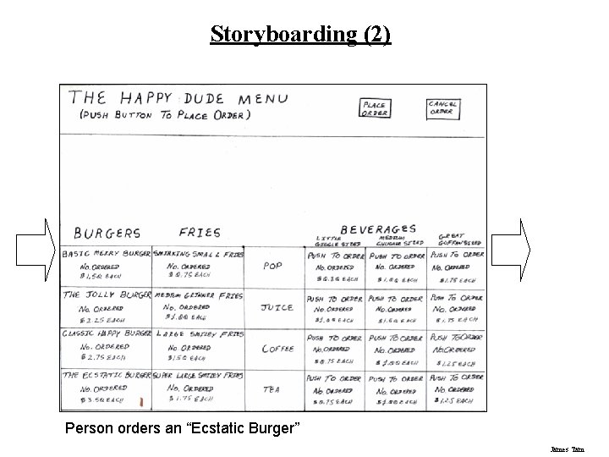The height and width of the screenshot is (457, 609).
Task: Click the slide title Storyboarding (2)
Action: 300,35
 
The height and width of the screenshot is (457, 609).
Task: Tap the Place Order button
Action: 374,109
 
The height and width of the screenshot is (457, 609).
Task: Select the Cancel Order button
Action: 442,107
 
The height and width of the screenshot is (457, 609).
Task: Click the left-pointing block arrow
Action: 35,249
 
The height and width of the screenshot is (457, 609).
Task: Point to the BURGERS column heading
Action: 107,233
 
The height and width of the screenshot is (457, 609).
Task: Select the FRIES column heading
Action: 200,233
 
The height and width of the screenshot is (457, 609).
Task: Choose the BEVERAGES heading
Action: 377,228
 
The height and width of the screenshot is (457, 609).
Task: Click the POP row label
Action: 272,266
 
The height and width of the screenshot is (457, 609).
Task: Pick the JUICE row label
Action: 277,308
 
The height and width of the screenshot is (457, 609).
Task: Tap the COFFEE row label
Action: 277,349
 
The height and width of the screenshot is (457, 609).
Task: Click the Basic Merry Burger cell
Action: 107,266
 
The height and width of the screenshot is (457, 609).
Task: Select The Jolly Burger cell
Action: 107,307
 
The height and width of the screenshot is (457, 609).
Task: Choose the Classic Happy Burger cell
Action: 107,348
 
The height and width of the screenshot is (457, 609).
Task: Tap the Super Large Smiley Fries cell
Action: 200,388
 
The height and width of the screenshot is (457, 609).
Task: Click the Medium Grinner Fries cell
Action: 200,307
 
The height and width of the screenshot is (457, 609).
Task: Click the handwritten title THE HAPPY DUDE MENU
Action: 178,99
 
